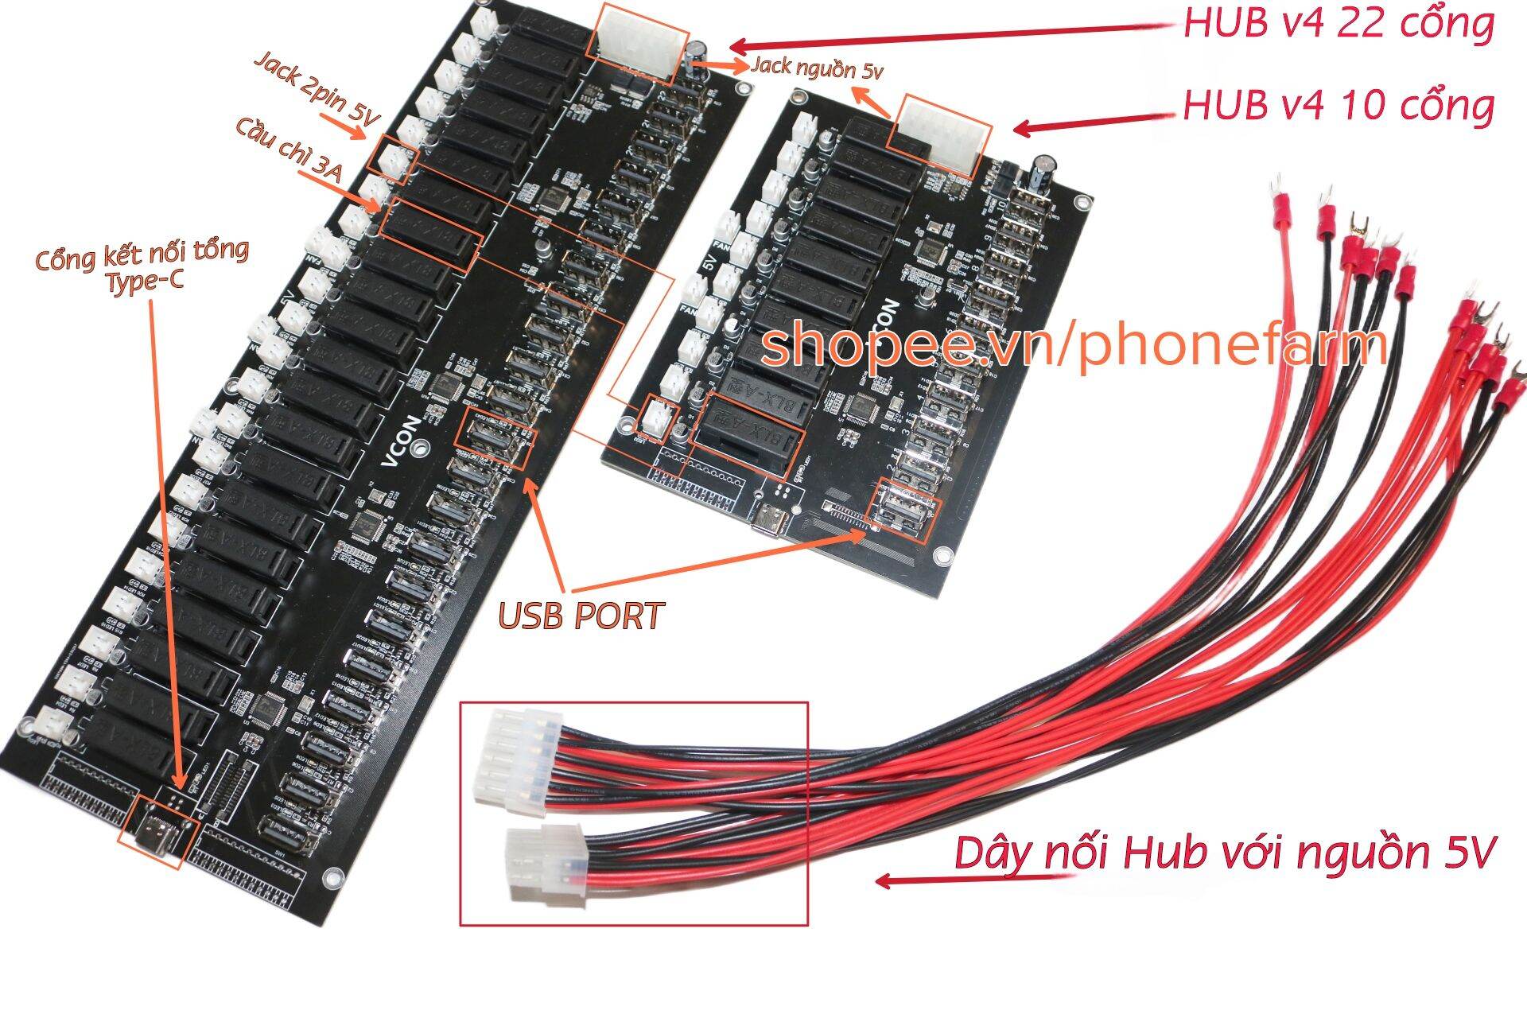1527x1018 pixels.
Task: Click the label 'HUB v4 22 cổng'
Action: pos(1339,25)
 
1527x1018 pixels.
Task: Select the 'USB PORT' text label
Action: pos(581,616)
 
